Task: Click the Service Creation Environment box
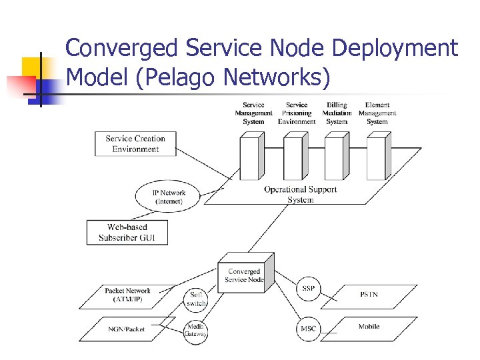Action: pyautogui.click(x=135, y=144)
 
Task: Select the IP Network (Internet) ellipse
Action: pyautogui.click(x=169, y=197)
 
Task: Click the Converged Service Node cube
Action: pyautogui.click(x=243, y=275)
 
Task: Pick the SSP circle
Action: pyautogui.click(x=308, y=288)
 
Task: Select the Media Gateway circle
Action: pyautogui.click(x=196, y=331)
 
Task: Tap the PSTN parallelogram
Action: pyautogui.click(x=369, y=294)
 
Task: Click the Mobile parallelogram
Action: pyautogui.click(x=369, y=327)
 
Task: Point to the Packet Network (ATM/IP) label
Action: pyautogui.click(x=127, y=295)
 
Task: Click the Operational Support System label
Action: pyautogui.click(x=300, y=194)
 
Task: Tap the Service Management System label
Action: pyautogui.click(x=253, y=113)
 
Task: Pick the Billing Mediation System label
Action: pyautogui.click(x=337, y=113)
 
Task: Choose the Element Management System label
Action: pyautogui.click(x=377, y=113)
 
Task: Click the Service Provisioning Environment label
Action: pyautogui.click(x=296, y=113)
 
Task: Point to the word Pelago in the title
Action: pyautogui.click(x=180, y=77)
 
